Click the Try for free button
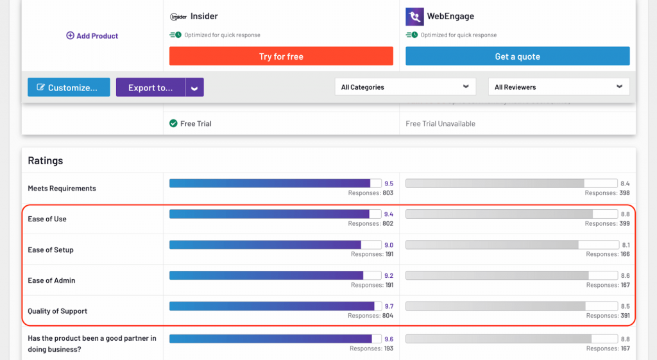(x=281, y=56)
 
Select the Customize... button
(x=69, y=87)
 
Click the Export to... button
(x=150, y=87)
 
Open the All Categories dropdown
(x=405, y=87)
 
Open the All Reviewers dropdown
(x=558, y=87)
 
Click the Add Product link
(x=92, y=36)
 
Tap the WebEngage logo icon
(x=414, y=17)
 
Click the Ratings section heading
(x=46, y=160)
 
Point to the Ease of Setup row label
(x=51, y=250)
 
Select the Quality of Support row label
(x=58, y=311)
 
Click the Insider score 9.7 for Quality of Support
(x=389, y=307)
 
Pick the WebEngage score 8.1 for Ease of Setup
(x=625, y=245)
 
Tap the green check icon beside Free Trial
(x=173, y=123)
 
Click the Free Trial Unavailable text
(x=440, y=123)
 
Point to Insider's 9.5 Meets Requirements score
(x=389, y=184)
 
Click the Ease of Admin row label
(x=51, y=280)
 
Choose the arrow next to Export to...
(x=194, y=87)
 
